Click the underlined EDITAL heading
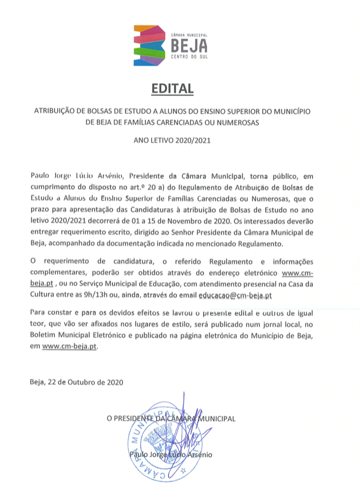click(x=172, y=89)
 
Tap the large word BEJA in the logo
click(x=189, y=45)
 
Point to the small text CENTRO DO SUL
click(x=189, y=57)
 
